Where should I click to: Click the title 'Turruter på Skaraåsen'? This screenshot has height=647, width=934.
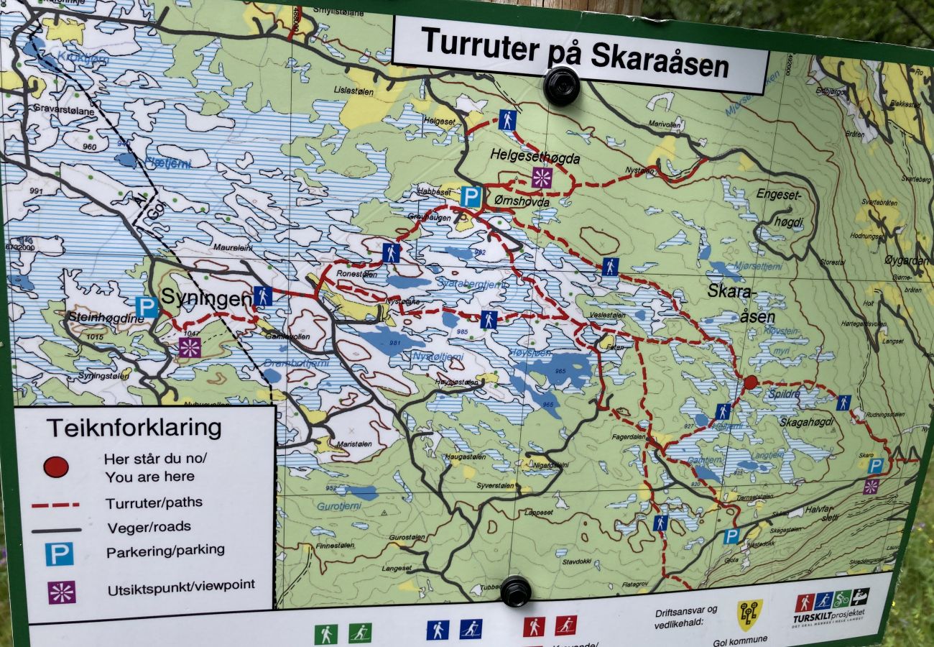pyautogui.click(x=575, y=52)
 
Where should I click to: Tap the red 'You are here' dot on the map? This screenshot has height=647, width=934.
pyautogui.click(x=750, y=382)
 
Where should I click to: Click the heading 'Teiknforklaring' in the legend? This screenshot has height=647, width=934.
pyautogui.click(x=134, y=428)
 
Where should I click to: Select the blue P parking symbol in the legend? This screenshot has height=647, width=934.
pyautogui.click(x=59, y=554)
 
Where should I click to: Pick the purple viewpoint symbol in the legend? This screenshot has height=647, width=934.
pyautogui.click(x=62, y=592)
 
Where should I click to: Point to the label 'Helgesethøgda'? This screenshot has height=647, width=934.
pyautogui.click(x=535, y=155)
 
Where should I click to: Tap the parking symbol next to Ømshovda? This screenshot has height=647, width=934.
pyautogui.click(x=471, y=196)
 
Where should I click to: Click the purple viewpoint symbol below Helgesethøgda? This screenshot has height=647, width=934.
pyautogui.click(x=542, y=178)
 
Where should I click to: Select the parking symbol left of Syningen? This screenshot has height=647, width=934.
pyautogui.click(x=147, y=307)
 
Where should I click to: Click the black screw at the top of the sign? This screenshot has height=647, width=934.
pyautogui.click(x=561, y=86)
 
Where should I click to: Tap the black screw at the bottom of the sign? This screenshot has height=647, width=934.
pyautogui.click(x=515, y=591)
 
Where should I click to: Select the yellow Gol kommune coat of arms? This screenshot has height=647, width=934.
pyautogui.click(x=749, y=615)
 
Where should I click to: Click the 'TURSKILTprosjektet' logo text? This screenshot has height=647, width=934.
pyautogui.click(x=828, y=618)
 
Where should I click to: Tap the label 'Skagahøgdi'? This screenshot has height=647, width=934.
pyautogui.click(x=807, y=422)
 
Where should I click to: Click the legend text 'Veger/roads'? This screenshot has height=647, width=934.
pyautogui.click(x=149, y=527)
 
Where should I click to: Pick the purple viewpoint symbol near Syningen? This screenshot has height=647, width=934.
pyautogui.click(x=190, y=347)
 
